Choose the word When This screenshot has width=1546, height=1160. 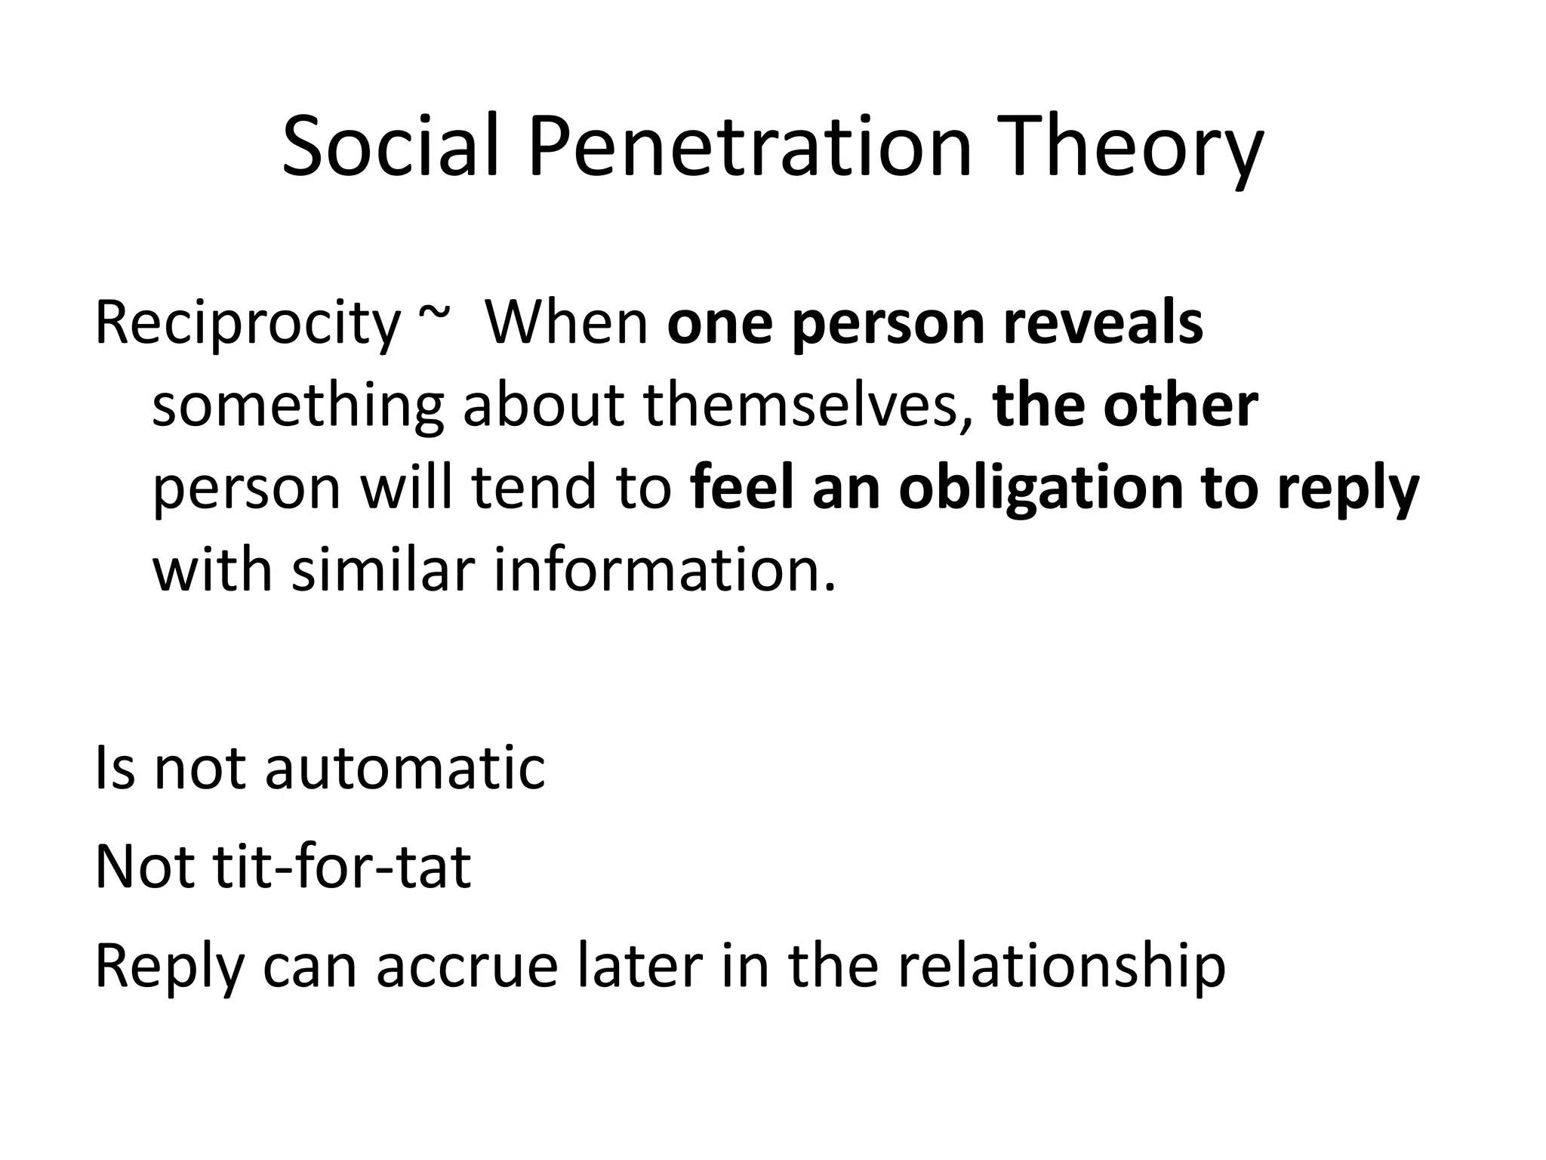click(x=566, y=323)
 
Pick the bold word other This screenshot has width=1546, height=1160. click(x=1181, y=406)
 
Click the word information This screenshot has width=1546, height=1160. click(x=665, y=569)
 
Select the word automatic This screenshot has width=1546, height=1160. click(x=405, y=768)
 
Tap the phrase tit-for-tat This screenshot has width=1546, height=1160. click(x=342, y=867)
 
